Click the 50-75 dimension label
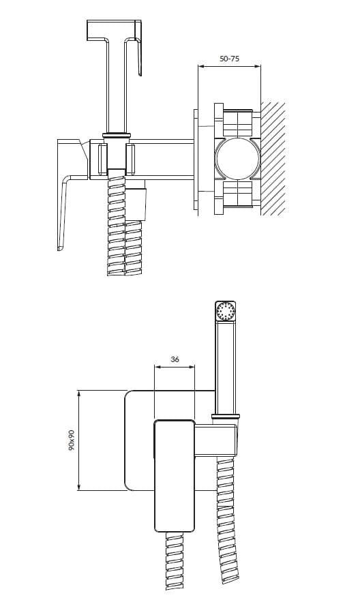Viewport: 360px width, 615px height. point(229,59)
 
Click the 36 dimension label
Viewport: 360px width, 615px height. point(175,359)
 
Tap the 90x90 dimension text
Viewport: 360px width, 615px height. point(71,440)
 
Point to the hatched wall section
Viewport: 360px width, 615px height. point(273,158)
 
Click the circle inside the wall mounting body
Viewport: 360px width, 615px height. point(237,159)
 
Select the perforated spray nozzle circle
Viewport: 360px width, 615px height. point(225,312)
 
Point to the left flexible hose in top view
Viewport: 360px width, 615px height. point(116,225)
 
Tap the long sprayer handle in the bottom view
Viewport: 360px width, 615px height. point(225,368)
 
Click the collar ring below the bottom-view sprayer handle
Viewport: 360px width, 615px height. point(225,415)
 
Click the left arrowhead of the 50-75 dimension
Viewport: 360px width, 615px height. point(199,66)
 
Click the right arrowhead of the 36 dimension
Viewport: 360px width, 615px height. point(193,367)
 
